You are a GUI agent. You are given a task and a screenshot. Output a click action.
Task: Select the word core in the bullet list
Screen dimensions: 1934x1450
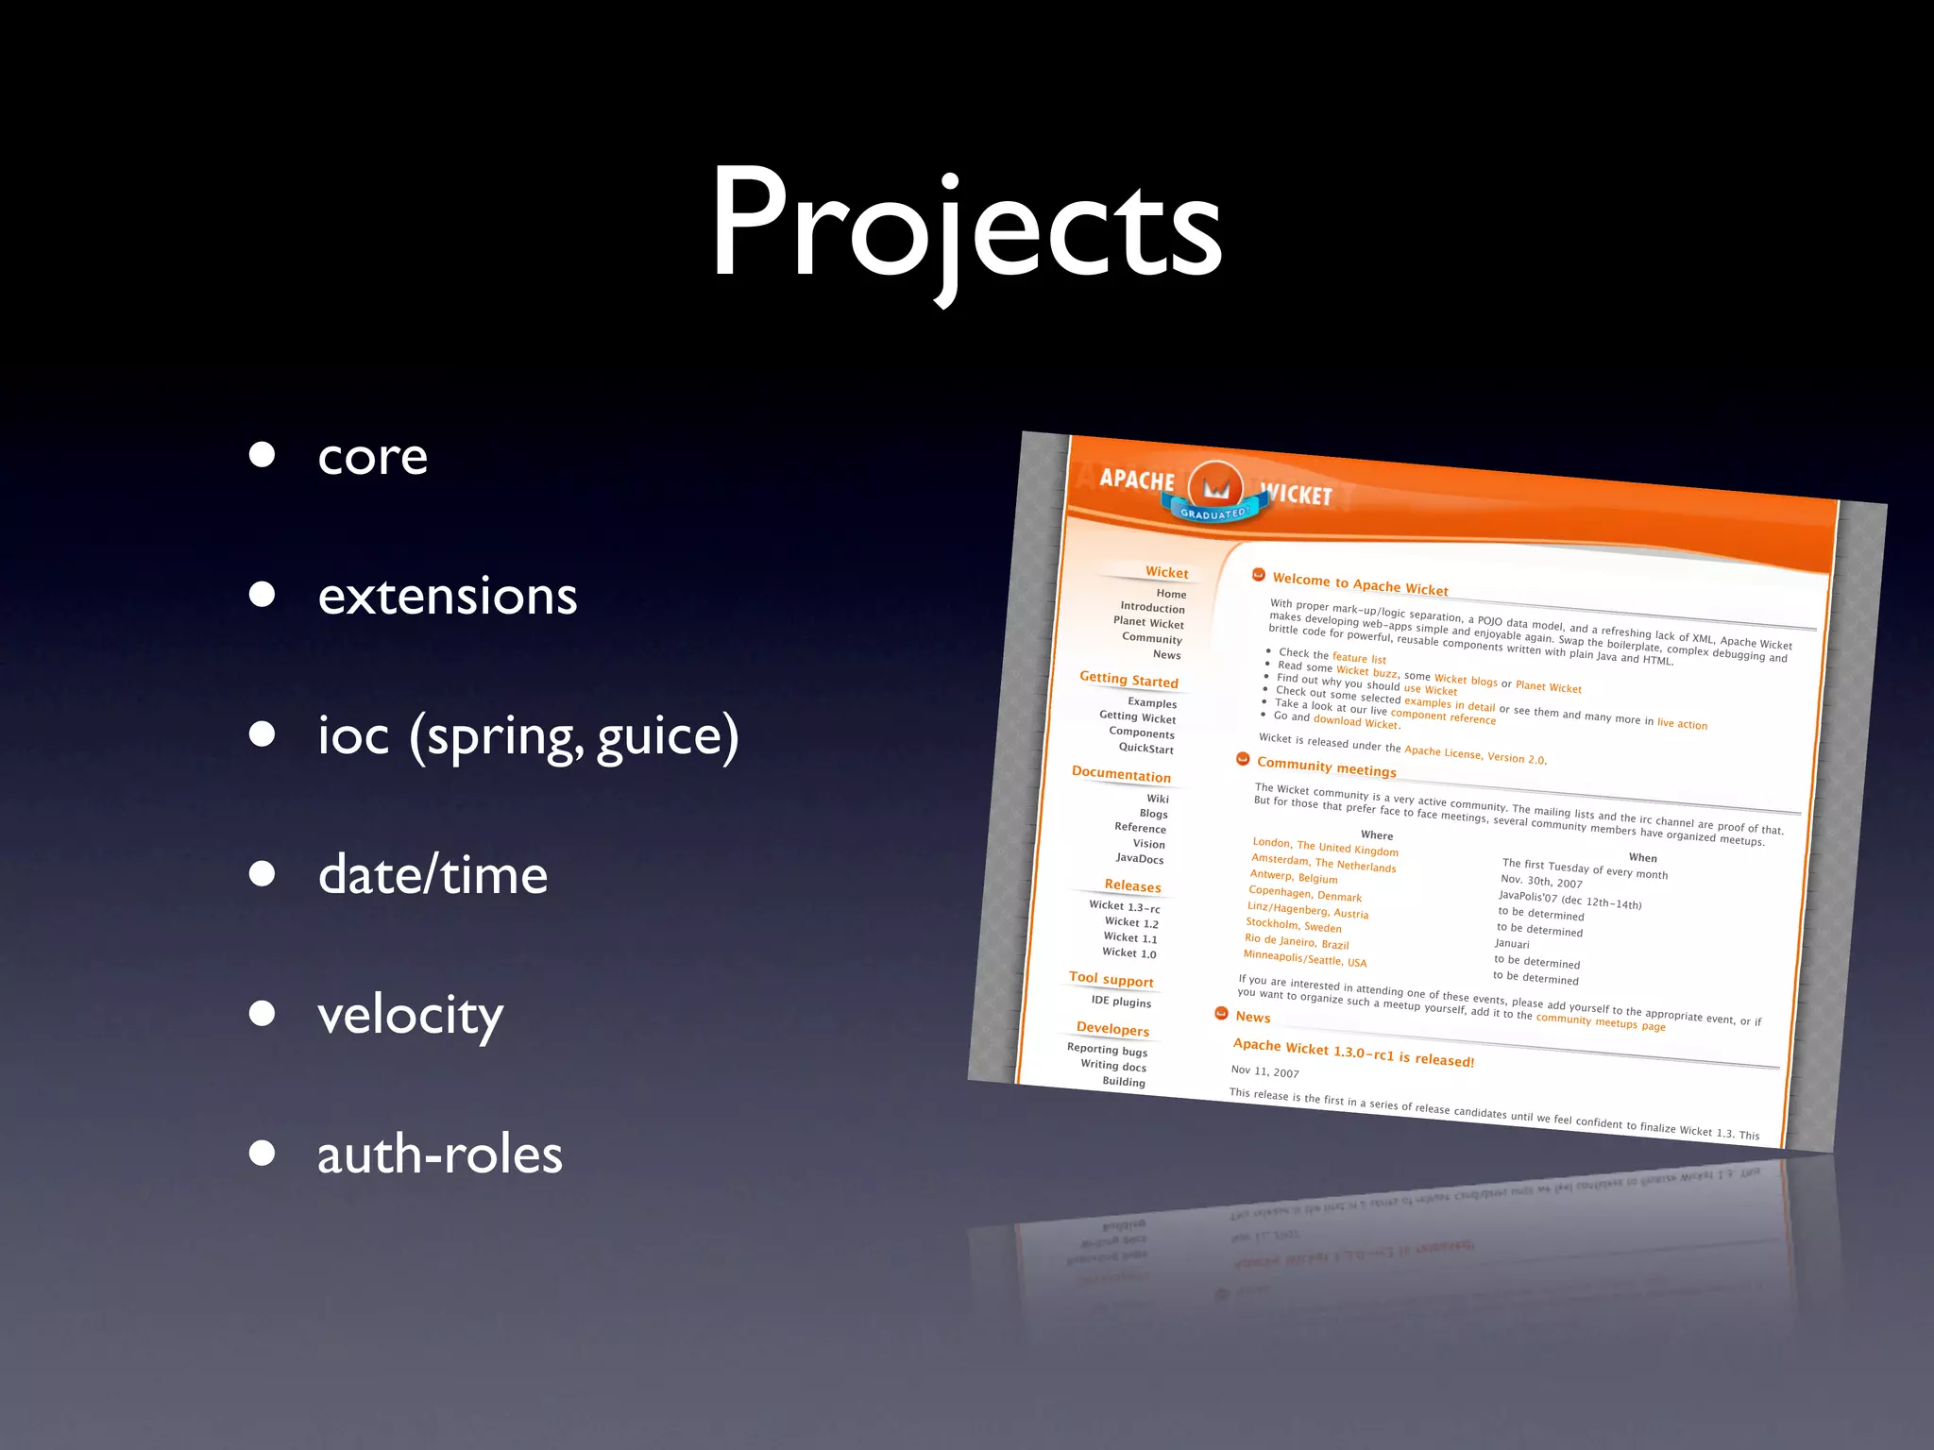tap(373, 457)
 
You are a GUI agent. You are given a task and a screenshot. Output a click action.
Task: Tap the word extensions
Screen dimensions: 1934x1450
tap(448, 597)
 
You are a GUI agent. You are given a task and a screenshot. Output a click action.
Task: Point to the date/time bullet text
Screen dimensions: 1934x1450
tap(433, 875)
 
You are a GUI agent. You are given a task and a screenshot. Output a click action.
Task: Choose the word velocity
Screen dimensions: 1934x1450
tap(410, 1017)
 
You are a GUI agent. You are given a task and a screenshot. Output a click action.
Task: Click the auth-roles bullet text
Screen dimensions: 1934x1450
tap(440, 1155)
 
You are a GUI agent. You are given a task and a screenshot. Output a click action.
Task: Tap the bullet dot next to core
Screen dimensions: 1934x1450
tap(262, 455)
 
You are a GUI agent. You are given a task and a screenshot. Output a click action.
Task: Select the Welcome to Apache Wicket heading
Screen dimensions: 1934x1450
tap(1360, 584)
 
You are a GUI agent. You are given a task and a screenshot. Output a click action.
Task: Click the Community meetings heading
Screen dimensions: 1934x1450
tap(1326, 767)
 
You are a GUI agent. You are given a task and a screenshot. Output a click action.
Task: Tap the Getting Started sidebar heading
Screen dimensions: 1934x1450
tap(1128, 680)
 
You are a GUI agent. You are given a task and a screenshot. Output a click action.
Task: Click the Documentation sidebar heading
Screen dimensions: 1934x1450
tap(1121, 774)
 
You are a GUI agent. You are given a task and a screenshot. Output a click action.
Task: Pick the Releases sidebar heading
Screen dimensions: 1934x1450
tap(1132, 885)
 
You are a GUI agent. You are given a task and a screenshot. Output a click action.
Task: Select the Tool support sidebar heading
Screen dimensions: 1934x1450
tap(1111, 979)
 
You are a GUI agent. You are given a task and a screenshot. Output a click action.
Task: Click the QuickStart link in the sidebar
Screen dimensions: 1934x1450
tap(1145, 748)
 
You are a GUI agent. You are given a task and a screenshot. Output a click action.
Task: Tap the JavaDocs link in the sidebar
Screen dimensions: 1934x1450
tap(1139, 858)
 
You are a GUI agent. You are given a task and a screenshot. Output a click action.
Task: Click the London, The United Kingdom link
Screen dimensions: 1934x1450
tap(1325, 847)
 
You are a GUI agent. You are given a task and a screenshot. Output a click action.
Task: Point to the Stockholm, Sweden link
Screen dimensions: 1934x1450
tap(1293, 925)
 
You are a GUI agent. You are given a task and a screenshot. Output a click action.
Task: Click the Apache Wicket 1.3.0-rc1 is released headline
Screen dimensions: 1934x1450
tap(1352, 1053)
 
